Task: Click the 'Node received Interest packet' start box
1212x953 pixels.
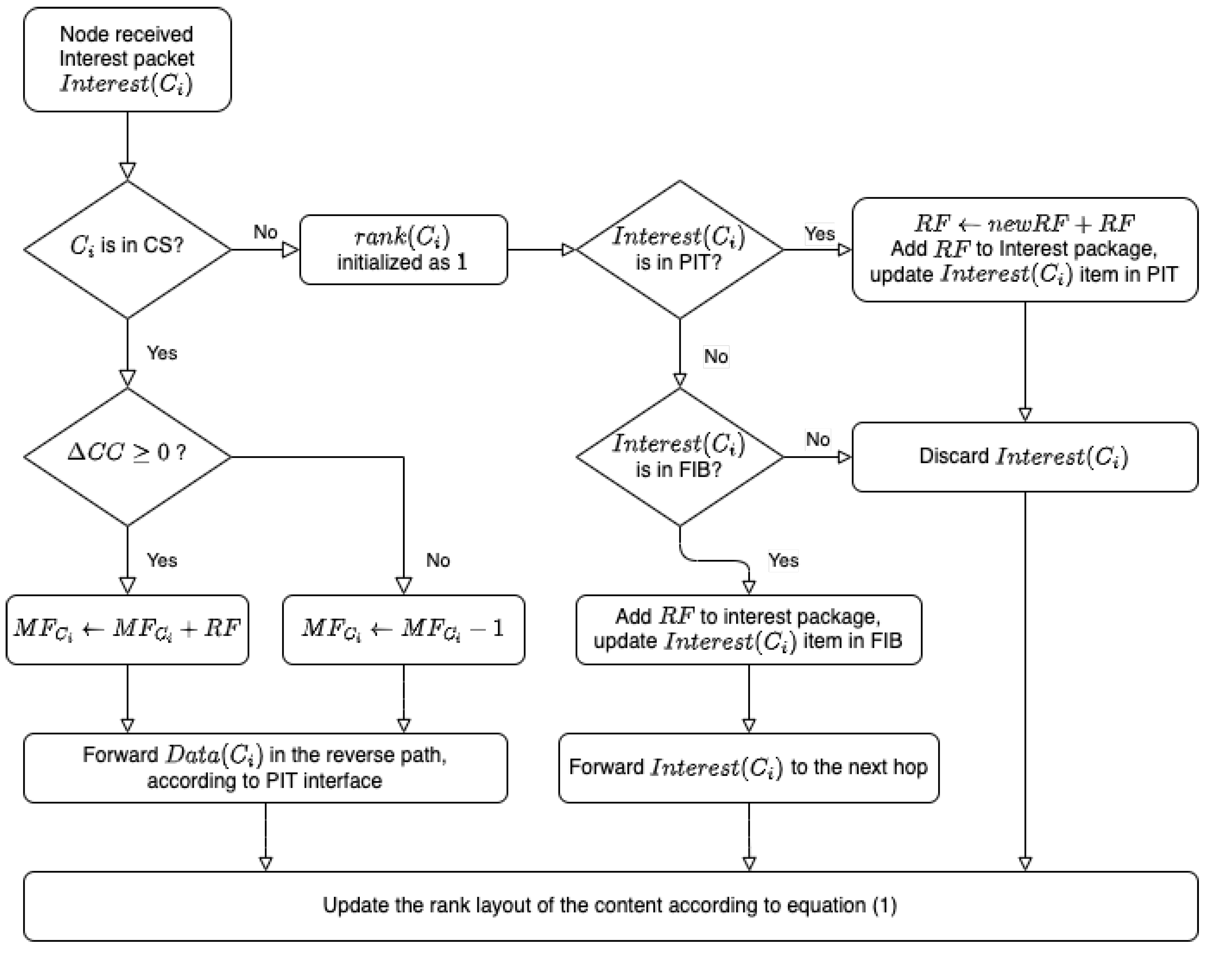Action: (x=127, y=59)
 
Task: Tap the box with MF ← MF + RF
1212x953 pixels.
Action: (x=127, y=629)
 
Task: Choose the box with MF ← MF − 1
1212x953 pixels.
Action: (x=403, y=629)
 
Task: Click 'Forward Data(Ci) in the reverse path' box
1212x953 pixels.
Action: (x=265, y=767)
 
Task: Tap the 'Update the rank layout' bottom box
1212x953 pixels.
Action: (x=610, y=905)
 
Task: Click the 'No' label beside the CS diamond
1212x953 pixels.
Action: (x=265, y=232)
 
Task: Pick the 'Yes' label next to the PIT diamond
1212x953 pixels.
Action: (x=820, y=233)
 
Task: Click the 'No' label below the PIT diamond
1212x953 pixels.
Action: (x=716, y=356)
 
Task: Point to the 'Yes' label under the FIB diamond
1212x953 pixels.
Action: (x=783, y=560)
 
